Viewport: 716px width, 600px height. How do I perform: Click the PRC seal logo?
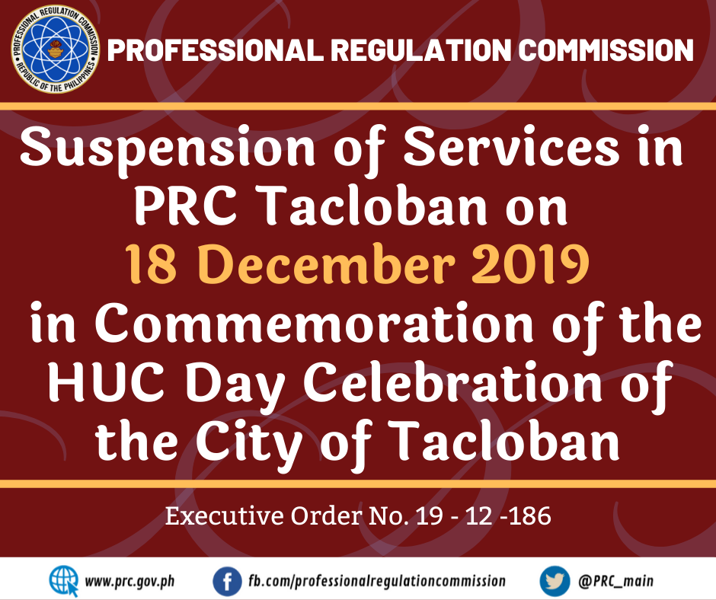[x=56, y=49]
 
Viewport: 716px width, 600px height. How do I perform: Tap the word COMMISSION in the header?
[x=606, y=49]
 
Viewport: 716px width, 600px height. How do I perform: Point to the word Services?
[x=512, y=147]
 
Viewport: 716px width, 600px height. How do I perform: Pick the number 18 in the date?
[x=151, y=264]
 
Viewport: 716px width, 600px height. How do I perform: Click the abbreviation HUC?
[x=106, y=381]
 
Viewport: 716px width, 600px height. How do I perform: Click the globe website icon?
[x=64, y=581]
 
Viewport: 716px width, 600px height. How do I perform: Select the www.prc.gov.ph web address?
[x=129, y=581]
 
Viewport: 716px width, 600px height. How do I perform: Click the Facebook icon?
[x=228, y=582]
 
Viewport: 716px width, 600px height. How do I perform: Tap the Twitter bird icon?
[x=555, y=582]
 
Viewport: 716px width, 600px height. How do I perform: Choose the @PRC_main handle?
[x=615, y=581]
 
